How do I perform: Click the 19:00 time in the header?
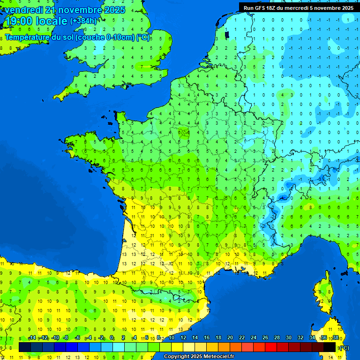click(x=19, y=21)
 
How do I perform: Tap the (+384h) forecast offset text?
click(x=84, y=21)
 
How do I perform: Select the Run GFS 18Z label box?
click(x=299, y=7)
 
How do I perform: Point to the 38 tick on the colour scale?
click(x=335, y=337)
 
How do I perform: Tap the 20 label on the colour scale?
click(x=230, y=337)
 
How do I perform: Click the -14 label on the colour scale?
click(x=32, y=337)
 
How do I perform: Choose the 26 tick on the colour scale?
click(x=265, y=337)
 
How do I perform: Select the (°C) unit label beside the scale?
click(x=344, y=347)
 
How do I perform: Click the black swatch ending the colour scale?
click(x=330, y=347)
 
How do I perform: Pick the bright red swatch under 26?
click(x=271, y=347)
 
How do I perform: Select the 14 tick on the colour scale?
click(x=195, y=337)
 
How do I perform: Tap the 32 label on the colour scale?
click(x=300, y=337)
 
